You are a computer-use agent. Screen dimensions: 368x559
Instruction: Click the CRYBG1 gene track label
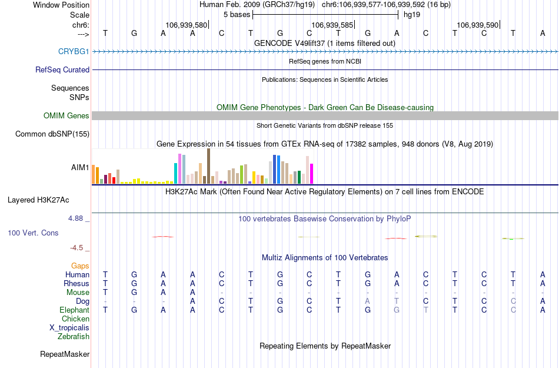74,52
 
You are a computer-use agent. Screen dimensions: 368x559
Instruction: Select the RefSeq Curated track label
62,69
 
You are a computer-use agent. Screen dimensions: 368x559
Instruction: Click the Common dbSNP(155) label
52,134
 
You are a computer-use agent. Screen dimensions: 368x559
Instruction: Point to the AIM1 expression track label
80,168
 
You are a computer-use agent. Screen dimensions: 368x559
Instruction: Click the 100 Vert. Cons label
33,233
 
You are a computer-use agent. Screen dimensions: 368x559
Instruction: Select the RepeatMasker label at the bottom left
65,354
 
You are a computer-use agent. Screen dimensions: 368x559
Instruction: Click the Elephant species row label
75,310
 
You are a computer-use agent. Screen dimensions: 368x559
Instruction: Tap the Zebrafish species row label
74,337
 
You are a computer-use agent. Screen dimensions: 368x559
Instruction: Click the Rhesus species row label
76,284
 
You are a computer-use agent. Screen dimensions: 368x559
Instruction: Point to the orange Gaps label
81,266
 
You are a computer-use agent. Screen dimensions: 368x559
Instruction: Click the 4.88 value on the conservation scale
76,218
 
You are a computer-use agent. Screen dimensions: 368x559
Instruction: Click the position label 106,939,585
332,25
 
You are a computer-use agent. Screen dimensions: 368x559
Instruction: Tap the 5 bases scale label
237,15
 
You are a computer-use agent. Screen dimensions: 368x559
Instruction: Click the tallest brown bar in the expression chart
208,166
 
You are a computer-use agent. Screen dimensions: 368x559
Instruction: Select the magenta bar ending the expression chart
312,174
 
